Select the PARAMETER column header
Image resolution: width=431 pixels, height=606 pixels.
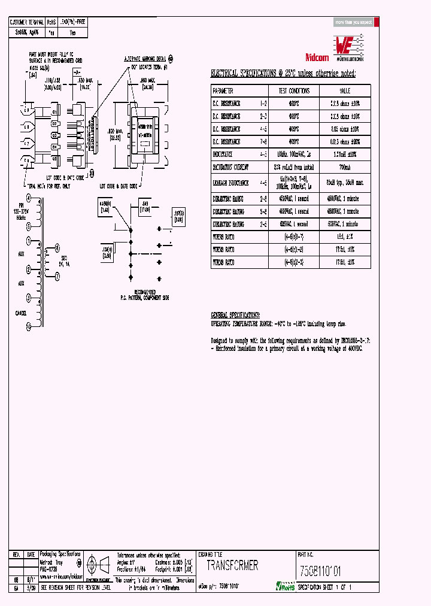[223, 90]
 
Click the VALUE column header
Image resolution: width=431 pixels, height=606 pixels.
[344, 90]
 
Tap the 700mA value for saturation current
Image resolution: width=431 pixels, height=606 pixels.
[344, 168]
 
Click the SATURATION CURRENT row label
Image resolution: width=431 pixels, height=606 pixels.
[231, 168]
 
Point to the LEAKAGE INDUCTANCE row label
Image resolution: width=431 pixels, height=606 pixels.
[230, 182]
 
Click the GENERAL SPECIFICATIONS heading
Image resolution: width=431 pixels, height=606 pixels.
[235, 314]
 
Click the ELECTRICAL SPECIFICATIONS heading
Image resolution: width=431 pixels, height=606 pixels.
[283, 74]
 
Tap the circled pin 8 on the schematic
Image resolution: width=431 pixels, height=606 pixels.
[56, 247]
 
